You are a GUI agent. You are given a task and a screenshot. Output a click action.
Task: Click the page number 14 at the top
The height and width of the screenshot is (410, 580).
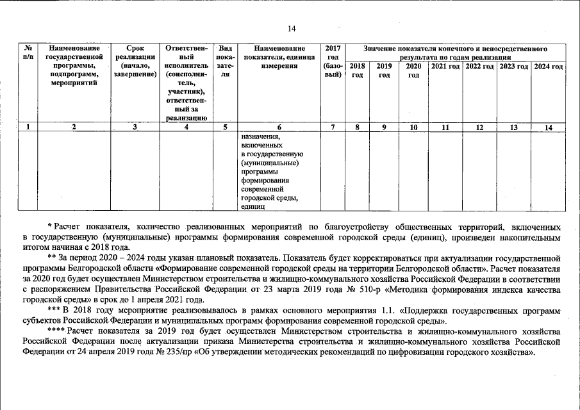tap(291, 29)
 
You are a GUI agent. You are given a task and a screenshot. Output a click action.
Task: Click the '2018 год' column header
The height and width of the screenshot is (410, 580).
tap(358, 70)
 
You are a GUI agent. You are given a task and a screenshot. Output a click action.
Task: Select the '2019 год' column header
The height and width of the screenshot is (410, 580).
tap(385, 70)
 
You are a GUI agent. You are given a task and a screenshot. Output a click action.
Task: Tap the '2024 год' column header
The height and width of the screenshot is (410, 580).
tap(548, 67)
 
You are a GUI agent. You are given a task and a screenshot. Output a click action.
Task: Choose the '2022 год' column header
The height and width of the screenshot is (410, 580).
tap(479, 67)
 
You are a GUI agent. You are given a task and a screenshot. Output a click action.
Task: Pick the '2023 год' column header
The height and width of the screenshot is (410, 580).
tap(513, 67)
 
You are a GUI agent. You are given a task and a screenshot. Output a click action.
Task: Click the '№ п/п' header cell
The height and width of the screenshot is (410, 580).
tap(28, 53)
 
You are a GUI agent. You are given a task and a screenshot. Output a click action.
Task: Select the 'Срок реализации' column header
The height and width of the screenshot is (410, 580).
tap(135, 61)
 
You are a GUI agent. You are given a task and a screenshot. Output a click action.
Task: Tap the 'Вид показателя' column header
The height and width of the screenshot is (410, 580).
tap(225, 61)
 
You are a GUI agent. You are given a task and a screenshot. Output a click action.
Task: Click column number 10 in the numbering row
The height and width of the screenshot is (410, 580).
tap(413, 127)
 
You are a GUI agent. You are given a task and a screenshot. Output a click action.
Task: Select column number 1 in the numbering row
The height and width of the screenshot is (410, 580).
tap(28, 127)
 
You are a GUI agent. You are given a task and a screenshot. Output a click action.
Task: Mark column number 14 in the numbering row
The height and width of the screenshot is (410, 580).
tap(548, 127)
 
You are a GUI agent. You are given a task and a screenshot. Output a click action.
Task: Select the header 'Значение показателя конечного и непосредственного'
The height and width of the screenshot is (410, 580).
tap(456, 49)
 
